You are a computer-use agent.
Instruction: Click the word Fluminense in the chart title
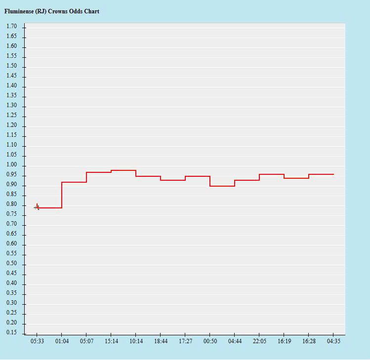tap(19, 11)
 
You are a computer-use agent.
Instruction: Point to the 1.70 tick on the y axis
tap(11, 26)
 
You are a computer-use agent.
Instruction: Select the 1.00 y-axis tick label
tap(11, 165)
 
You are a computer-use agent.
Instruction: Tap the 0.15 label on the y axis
tap(11, 333)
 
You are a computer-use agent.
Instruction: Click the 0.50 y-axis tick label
tap(11, 264)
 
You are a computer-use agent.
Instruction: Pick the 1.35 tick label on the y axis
tap(11, 96)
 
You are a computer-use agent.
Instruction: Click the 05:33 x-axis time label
tap(37, 341)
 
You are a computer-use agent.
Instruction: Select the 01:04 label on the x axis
tap(62, 341)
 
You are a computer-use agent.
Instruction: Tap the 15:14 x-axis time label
tap(111, 341)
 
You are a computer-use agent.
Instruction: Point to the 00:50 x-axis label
tap(210, 341)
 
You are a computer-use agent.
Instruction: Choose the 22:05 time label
tap(259, 341)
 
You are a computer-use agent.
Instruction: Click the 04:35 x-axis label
tap(333, 341)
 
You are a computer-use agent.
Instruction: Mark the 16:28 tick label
tap(309, 341)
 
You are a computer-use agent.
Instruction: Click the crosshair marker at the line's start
tap(37, 207)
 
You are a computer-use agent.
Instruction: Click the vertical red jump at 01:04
tap(62, 195)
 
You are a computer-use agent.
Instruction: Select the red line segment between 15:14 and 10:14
tap(123, 170)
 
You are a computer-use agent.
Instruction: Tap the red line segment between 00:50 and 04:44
tap(222, 186)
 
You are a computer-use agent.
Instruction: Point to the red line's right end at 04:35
tap(333, 174)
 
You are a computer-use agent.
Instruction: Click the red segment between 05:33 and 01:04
tap(49, 208)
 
